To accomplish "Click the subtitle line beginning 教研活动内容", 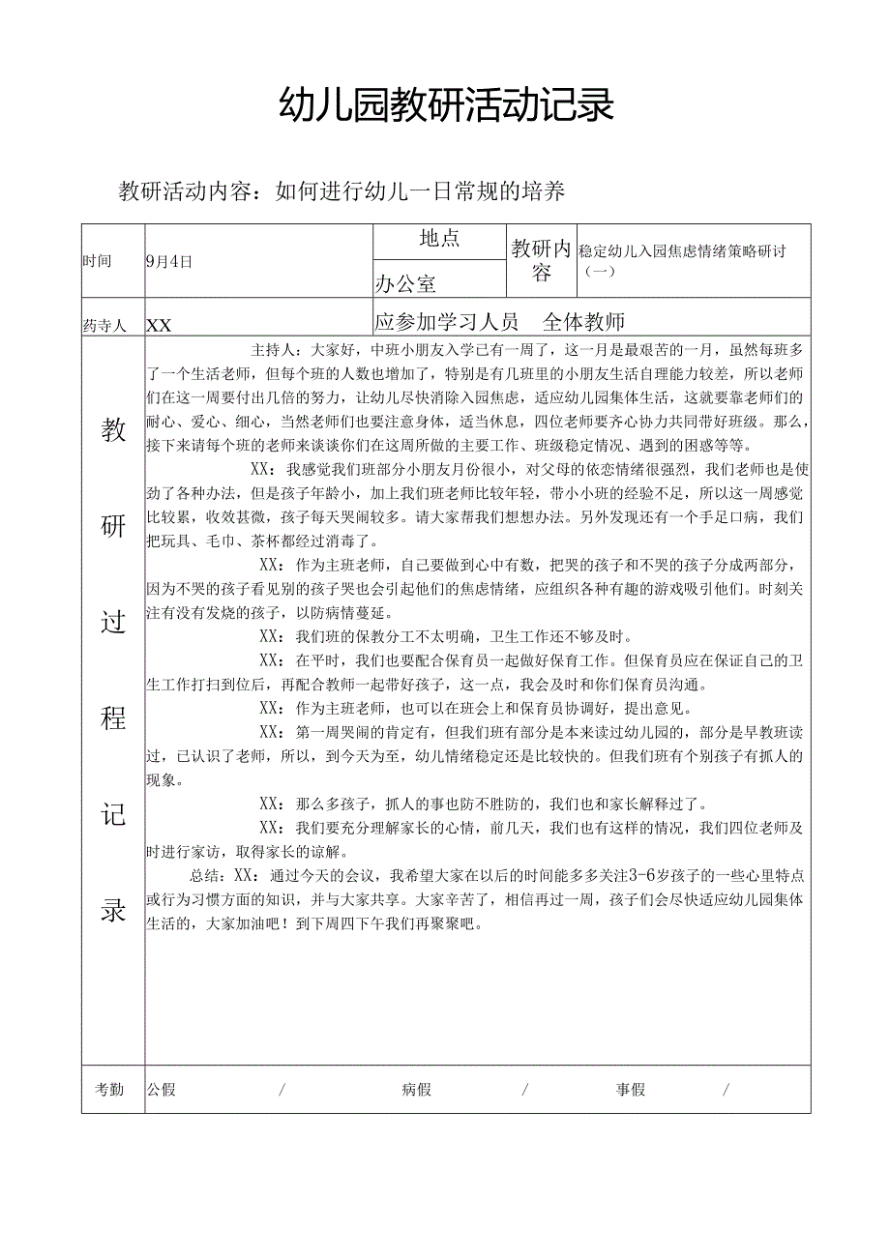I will point(341,191).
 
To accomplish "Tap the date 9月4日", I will point(169,261).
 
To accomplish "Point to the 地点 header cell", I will point(439,240).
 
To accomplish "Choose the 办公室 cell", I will point(405,283).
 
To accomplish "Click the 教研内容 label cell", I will point(542,260).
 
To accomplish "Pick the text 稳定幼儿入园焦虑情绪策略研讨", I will point(682,251).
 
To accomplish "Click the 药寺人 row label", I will point(104,326).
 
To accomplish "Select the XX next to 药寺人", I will point(159,326).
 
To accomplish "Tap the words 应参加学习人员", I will point(447,322).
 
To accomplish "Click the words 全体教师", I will point(584,322).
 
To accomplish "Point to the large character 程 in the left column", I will point(113,717).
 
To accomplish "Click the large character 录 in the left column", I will point(113,910).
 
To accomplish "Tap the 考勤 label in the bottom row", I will point(109,1090).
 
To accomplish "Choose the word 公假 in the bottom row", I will point(162,1090).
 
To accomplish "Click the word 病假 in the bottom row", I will point(416,1090).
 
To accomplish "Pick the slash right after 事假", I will point(726,1090).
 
